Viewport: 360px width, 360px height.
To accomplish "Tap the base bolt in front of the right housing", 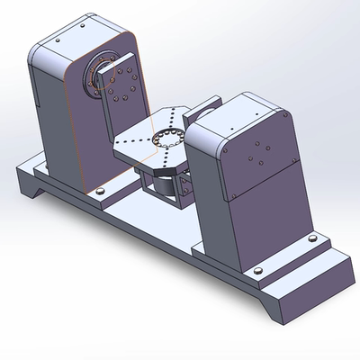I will click(259, 270).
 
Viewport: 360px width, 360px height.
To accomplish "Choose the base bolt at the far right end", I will click(311, 238).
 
